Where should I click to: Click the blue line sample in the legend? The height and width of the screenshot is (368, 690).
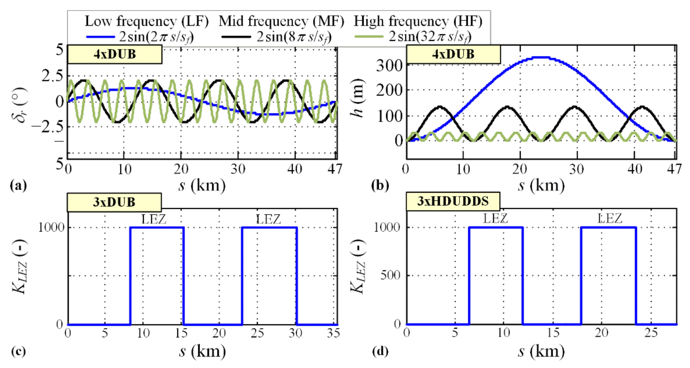pyautogui.click(x=100, y=37)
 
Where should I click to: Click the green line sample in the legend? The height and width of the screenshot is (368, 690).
pyautogui.click(x=369, y=37)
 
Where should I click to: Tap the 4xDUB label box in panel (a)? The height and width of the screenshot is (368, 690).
pyautogui.click(x=115, y=54)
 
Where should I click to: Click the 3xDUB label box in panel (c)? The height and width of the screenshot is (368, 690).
pyautogui.click(x=114, y=202)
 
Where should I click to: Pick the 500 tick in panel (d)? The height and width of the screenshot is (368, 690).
pyautogui.click(x=390, y=275)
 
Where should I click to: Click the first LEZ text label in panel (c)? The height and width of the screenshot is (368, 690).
pyautogui.click(x=154, y=220)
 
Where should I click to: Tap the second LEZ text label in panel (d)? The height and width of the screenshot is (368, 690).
pyautogui.click(x=610, y=219)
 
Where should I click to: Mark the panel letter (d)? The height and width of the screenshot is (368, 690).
pyautogui.click(x=380, y=351)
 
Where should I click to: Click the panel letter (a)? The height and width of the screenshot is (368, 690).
pyautogui.click(x=18, y=185)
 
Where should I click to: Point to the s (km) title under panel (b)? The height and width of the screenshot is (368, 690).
pyautogui.click(x=541, y=185)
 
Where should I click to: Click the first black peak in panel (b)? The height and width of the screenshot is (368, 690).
pyautogui.click(x=440, y=107)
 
